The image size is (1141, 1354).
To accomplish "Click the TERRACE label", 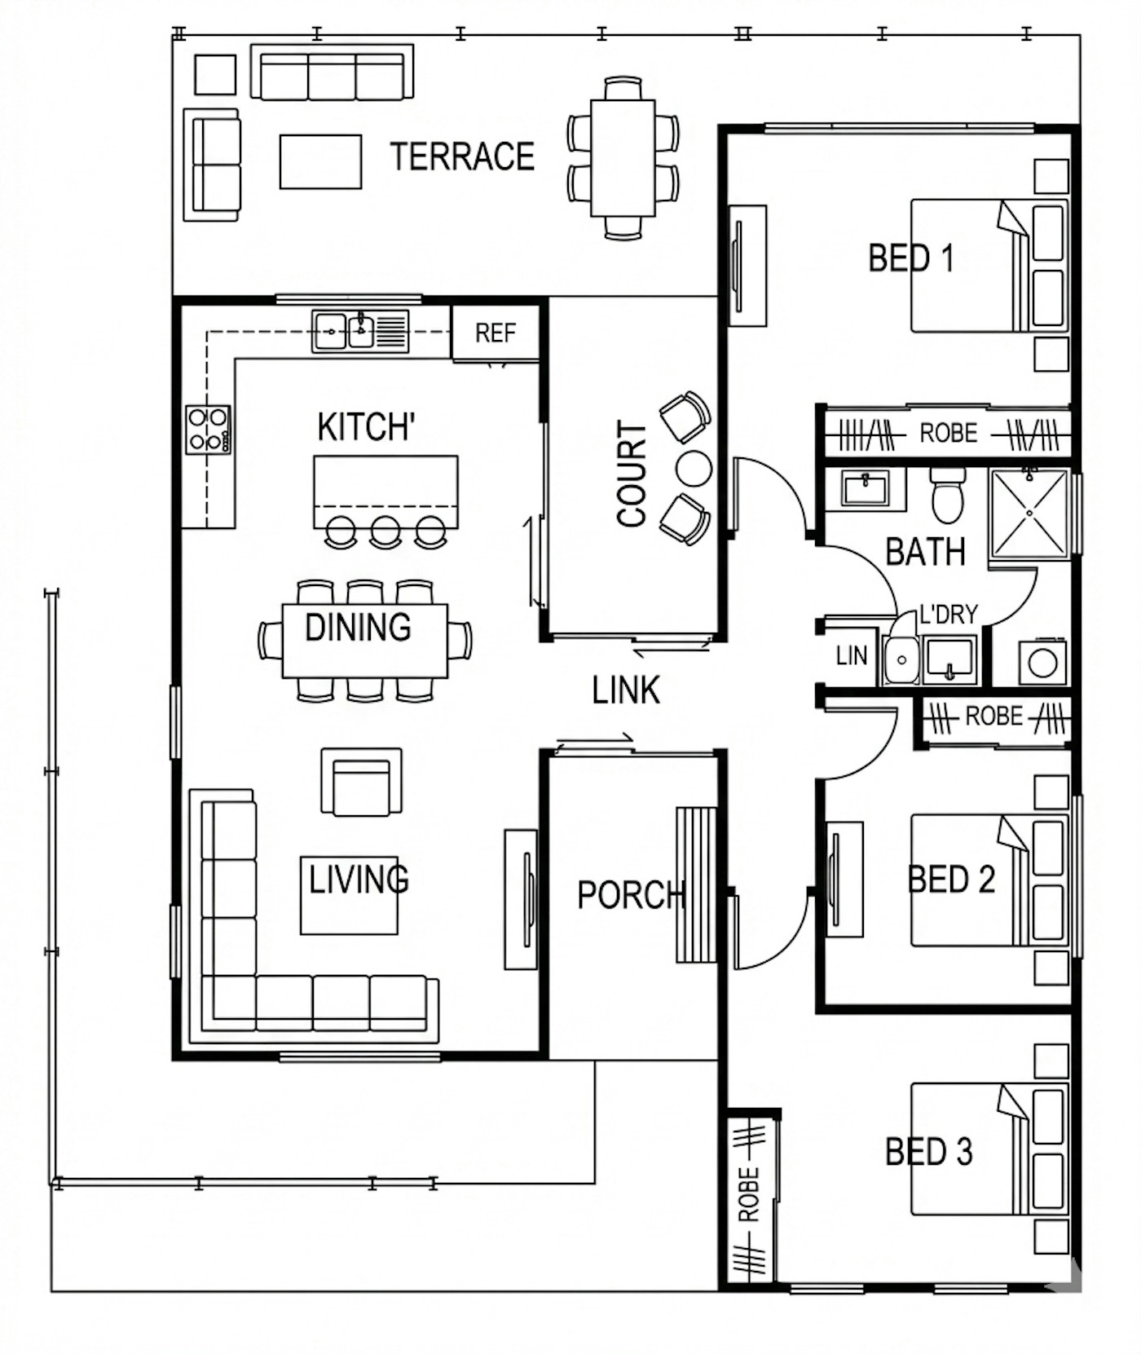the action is point(462,157).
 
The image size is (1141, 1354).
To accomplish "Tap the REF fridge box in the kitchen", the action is point(496,333).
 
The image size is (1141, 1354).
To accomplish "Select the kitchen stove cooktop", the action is point(208,430).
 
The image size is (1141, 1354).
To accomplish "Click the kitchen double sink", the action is point(359,332).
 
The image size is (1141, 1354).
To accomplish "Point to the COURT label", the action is point(632,474).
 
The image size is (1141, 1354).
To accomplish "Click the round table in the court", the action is point(694,469).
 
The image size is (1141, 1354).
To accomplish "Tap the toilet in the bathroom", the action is point(948,495).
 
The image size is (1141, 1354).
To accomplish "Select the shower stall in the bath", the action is point(1029,514).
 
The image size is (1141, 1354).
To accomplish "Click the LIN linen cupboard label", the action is point(852,655).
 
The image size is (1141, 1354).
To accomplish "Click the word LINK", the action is point(625,690).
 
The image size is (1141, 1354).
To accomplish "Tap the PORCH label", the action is point(630,895).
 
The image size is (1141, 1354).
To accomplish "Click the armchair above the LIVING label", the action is point(361,782).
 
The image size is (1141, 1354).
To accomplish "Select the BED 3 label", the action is point(929,1152).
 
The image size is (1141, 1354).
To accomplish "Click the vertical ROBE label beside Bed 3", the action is point(748,1195).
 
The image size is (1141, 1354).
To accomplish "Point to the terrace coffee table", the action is point(320,162).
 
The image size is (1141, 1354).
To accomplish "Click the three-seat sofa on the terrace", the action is point(332,73).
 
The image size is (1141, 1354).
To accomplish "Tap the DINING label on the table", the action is point(358,628).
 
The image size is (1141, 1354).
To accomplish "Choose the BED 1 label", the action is point(910,258).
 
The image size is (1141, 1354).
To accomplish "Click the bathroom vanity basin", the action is point(865,489).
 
